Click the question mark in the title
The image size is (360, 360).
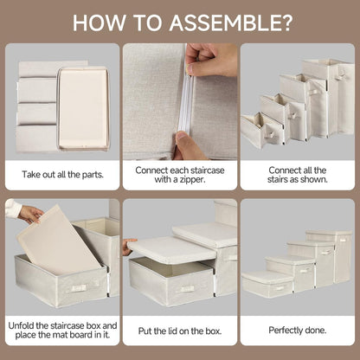click(x=286, y=22)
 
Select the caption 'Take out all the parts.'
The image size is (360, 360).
click(x=62, y=175)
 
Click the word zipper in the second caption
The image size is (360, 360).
click(x=190, y=179)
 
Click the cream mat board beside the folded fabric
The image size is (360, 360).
click(x=83, y=108)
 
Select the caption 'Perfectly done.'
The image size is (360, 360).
click(x=298, y=330)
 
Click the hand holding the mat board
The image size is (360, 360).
click(x=30, y=214)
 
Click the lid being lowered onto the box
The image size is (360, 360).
click(x=172, y=250)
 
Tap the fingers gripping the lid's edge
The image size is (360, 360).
click(x=127, y=246)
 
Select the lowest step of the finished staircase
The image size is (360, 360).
click(x=267, y=285)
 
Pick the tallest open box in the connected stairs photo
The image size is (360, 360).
click(x=329, y=97)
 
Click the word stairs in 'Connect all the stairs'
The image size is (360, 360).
click(x=278, y=179)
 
